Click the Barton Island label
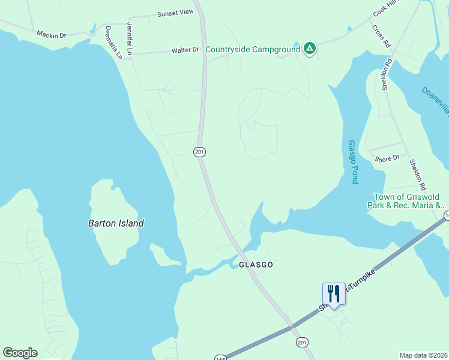coord(116,223)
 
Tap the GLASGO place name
coord(256,265)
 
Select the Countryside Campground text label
coord(252,49)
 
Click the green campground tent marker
coord(310,48)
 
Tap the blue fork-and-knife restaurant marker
coord(334,293)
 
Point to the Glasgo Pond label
coord(353,162)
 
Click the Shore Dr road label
coord(387,158)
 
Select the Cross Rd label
coord(381,36)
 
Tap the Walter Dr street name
coord(185,50)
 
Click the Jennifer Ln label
coord(128,36)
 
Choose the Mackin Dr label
coord(51,35)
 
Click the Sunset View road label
coord(175,12)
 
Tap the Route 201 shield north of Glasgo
coord(200,152)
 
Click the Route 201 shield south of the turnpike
coord(301,341)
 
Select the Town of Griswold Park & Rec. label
coord(406,201)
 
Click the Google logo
coord(20,353)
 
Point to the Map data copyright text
coord(423,355)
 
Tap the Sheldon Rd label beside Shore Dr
coord(417,174)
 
